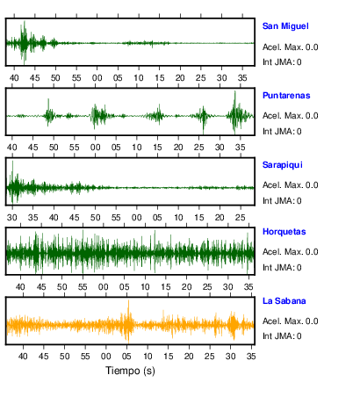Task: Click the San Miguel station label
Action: (x=285, y=26)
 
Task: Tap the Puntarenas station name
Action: (x=286, y=96)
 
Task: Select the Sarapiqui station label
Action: (x=283, y=165)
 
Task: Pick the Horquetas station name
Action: (x=284, y=232)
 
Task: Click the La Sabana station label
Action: (x=284, y=301)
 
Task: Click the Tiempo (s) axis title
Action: (x=130, y=371)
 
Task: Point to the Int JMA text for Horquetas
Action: (x=282, y=268)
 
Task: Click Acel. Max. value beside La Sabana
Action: (x=291, y=321)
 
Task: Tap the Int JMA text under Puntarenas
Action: (x=282, y=132)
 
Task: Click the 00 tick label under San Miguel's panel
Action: (x=97, y=78)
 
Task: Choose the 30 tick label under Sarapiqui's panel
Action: (x=12, y=218)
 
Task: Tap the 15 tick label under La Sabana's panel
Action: (x=169, y=357)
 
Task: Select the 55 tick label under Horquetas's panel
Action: (x=83, y=287)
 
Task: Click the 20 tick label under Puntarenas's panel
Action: (x=178, y=148)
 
